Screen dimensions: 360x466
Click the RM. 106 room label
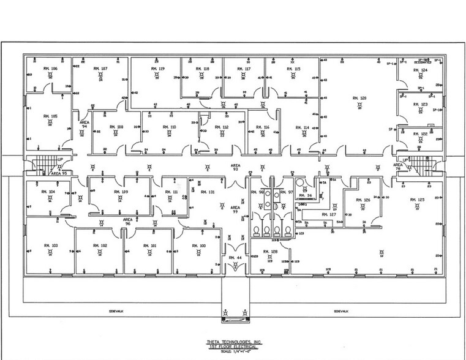coord(50,69)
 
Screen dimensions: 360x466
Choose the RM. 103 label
coord(51,244)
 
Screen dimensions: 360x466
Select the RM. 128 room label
coord(270,252)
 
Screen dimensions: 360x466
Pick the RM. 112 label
coord(221,127)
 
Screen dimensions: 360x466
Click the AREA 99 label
coord(235,209)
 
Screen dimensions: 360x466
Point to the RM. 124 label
coord(419,70)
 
